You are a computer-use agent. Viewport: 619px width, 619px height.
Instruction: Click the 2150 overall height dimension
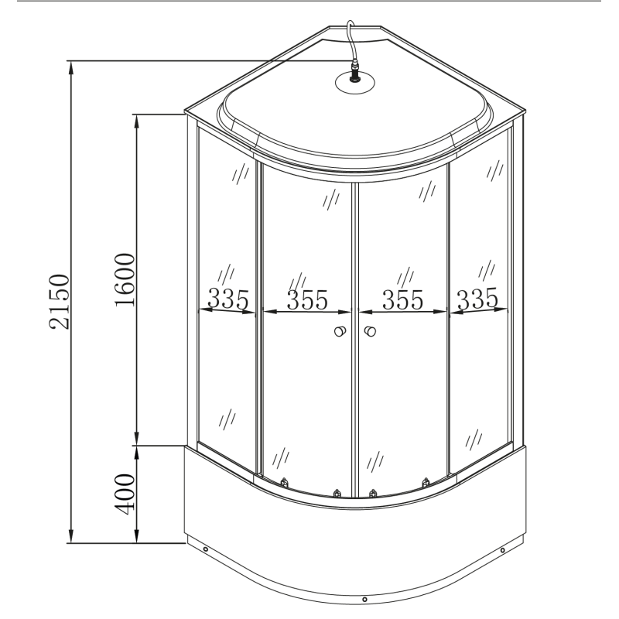pyautogui.click(x=59, y=302)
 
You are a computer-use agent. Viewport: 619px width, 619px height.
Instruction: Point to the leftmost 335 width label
pyautogui.click(x=227, y=298)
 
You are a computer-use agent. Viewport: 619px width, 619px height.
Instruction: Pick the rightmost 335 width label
pyautogui.click(x=475, y=298)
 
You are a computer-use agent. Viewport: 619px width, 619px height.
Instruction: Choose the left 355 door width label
pyautogui.click(x=307, y=299)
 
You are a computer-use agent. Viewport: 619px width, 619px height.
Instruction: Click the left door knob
pyautogui.click(x=338, y=333)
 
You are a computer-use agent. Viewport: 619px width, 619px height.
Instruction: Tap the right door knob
pyautogui.click(x=369, y=333)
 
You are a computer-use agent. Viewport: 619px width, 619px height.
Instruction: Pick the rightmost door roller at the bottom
pyautogui.click(x=425, y=483)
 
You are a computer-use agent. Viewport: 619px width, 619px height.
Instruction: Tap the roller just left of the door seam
pyautogui.click(x=337, y=492)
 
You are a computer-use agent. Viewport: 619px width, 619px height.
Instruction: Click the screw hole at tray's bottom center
pyautogui.click(x=364, y=598)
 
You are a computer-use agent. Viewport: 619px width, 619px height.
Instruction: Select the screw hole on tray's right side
pyautogui.click(x=503, y=551)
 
